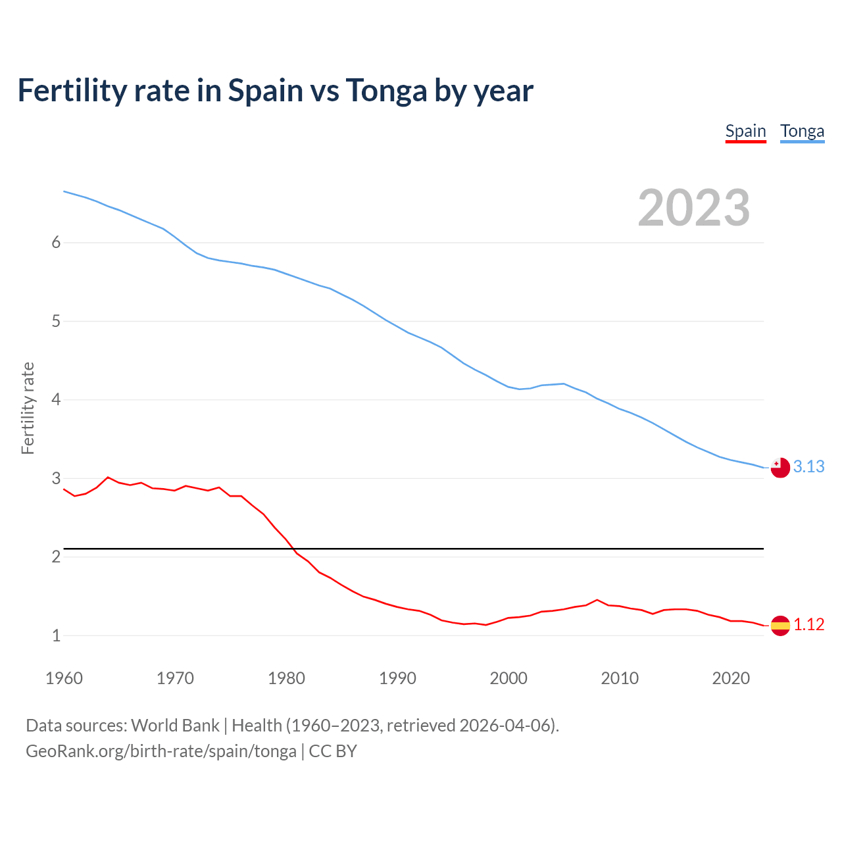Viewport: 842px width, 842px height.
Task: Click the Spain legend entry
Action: [745, 131]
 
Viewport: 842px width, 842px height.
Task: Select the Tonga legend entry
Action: [802, 131]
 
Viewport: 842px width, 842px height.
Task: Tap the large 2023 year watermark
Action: [694, 208]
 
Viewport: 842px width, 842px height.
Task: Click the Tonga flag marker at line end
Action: [780, 468]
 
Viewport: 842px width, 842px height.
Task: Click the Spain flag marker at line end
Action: [780, 626]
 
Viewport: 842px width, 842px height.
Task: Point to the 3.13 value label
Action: [809, 466]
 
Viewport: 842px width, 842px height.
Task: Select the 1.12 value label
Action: [809, 624]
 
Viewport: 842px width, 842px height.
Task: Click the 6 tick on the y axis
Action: [56, 243]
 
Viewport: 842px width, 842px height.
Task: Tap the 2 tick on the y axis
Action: [56, 557]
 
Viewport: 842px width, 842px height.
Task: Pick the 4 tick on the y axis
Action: [56, 400]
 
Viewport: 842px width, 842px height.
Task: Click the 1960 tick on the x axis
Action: [64, 678]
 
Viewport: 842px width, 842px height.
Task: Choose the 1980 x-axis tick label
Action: [286, 678]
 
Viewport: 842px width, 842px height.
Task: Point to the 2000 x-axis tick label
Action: [508, 678]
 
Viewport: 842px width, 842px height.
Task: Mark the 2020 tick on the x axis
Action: [731, 678]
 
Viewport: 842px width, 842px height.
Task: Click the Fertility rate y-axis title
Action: [28, 408]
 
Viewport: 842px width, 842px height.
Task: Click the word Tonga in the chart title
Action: [386, 90]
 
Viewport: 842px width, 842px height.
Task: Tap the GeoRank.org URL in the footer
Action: [161, 751]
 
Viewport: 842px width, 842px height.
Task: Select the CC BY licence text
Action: [333, 751]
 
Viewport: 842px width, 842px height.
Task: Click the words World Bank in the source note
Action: [175, 726]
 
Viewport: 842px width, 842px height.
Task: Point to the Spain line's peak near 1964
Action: [108, 478]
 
